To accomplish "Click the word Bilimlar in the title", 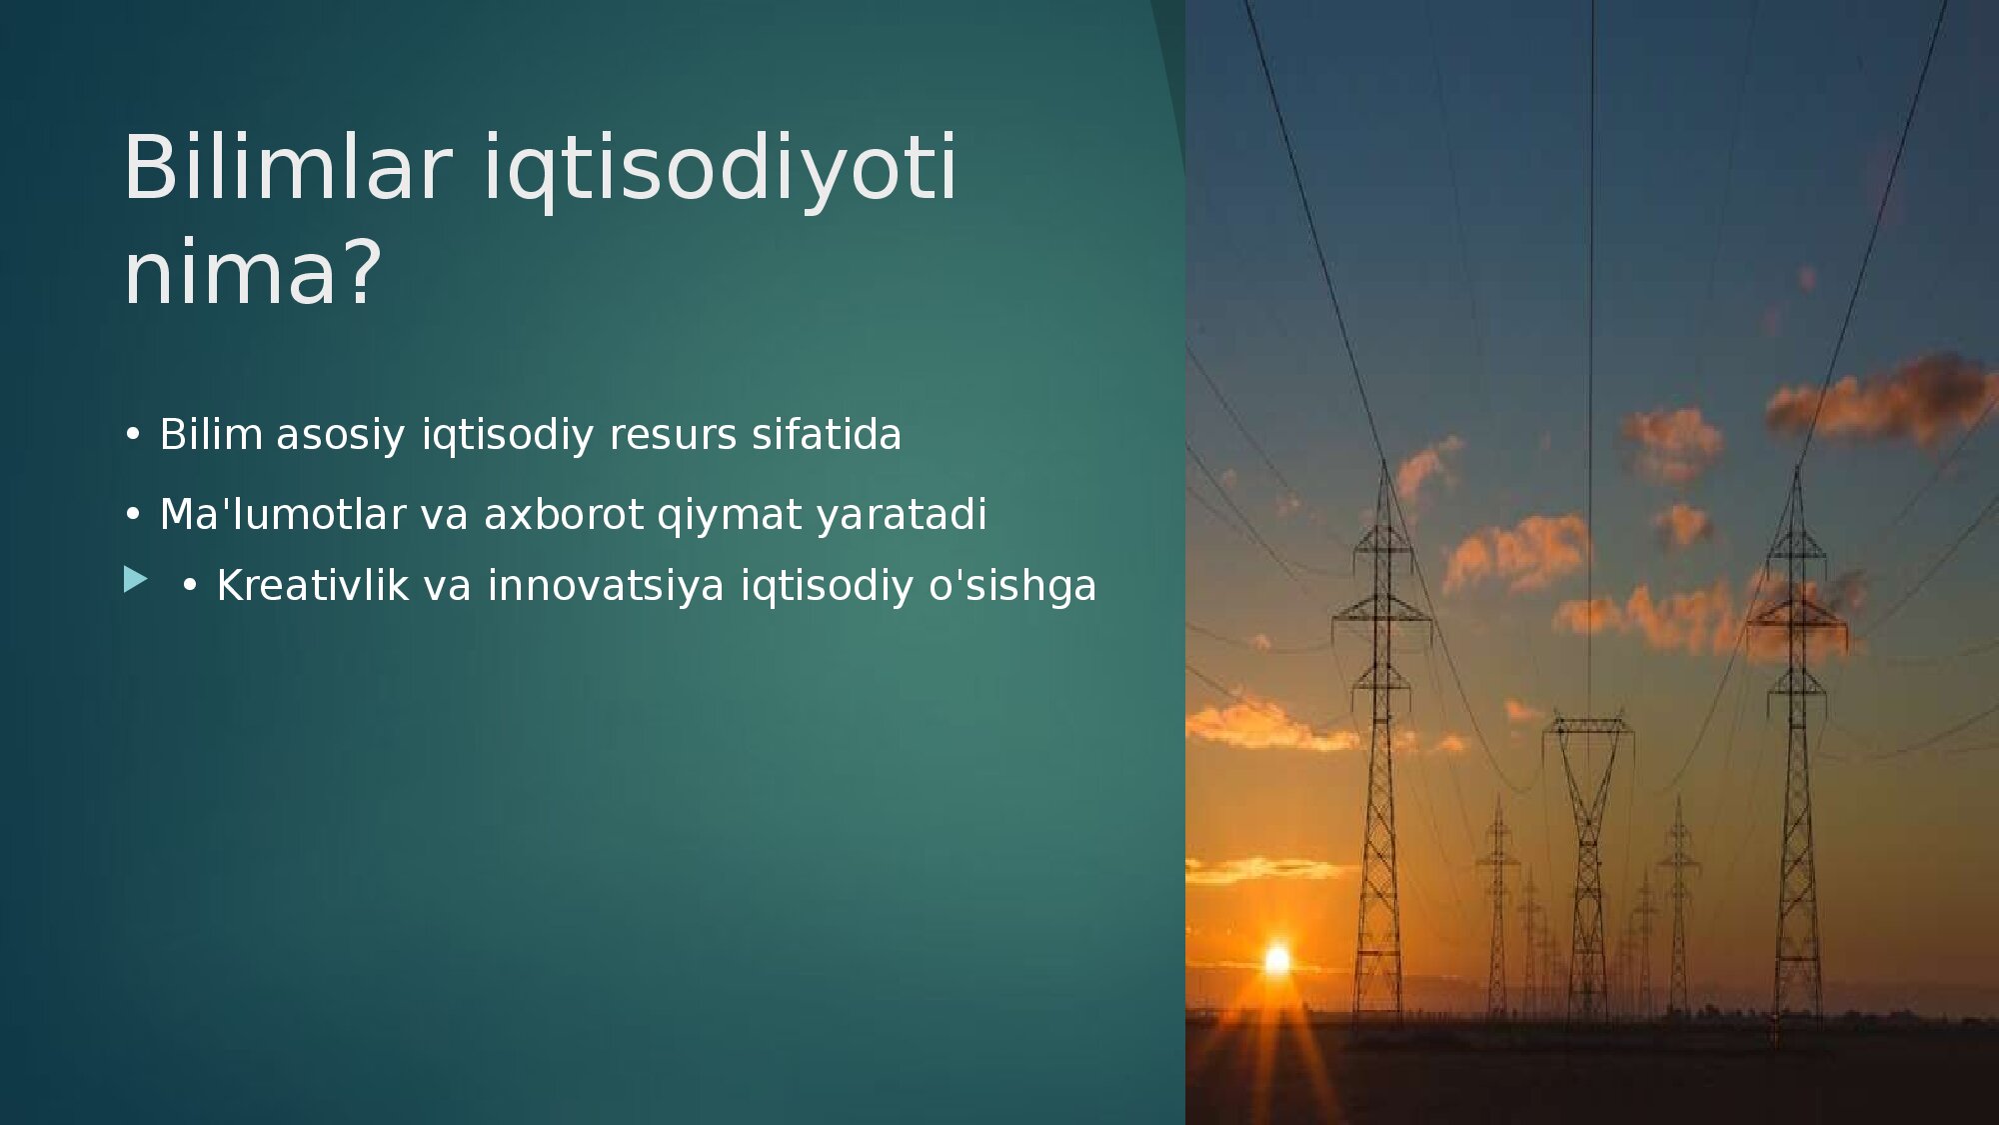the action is point(288,166).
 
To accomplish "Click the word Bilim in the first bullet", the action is point(211,434).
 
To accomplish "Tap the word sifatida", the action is point(827,434).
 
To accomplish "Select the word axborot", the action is point(564,514).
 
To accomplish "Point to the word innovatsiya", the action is point(606,585).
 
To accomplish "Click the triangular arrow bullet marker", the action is point(135,579).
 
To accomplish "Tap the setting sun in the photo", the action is point(1276,960).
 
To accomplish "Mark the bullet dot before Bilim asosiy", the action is point(133,435).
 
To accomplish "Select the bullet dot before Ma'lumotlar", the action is point(133,515).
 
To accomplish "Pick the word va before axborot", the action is point(445,516).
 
